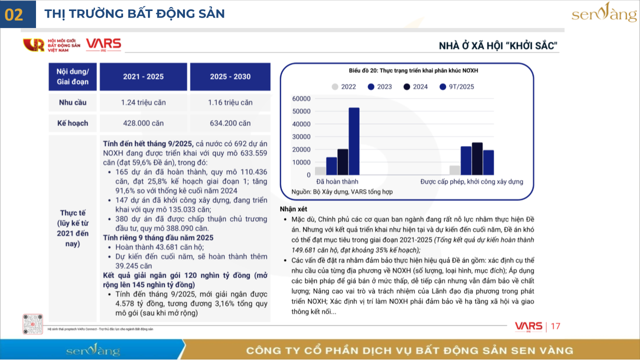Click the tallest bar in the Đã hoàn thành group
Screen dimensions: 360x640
(x=354, y=141)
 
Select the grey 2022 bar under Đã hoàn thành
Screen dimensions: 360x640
(x=320, y=171)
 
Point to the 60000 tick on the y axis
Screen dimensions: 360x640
(x=301, y=98)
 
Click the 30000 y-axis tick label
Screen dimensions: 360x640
(x=301, y=137)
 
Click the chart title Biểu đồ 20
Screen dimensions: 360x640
(x=406, y=71)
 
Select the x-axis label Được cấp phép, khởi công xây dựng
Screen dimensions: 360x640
(x=471, y=181)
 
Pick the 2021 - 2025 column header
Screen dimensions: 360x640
(x=143, y=76)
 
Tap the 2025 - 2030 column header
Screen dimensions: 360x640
(x=230, y=76)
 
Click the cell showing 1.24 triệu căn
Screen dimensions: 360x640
(x=143, y=102)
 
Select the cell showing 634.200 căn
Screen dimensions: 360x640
(x=230, y=123)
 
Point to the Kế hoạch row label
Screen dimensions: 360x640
(x=73, y=123)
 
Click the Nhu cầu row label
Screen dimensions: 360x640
(x=73, y=102)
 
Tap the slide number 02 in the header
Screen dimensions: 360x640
(x=14, y=14)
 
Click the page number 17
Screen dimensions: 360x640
(x=555, y=326)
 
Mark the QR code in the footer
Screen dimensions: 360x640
(x=32, y=324)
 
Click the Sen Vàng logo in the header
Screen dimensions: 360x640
(x=604, y=13)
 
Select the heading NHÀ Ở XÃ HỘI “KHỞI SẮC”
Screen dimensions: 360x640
(x=498, y=46)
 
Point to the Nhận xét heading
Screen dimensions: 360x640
(x=294, y=208)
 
